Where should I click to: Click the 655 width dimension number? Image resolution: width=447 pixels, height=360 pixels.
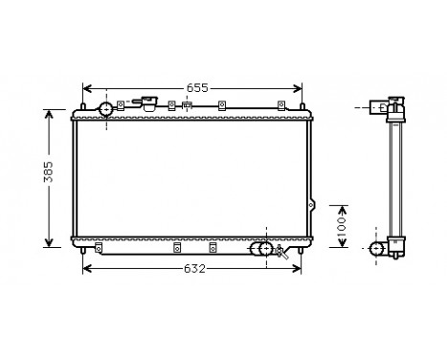point(196,87)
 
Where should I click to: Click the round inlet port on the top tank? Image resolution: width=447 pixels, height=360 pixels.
point(104,108)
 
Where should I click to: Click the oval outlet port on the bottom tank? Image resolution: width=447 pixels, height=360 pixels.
point(259,249)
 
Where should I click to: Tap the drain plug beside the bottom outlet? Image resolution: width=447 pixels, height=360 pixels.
point(280,253)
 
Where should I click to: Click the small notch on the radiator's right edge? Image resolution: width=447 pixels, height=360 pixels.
point(311,204)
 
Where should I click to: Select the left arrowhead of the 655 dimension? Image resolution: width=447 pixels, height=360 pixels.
point(87,88)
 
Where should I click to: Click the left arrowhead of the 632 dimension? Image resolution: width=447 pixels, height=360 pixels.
point(87,268)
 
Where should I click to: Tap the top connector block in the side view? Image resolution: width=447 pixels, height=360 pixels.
point(377,106)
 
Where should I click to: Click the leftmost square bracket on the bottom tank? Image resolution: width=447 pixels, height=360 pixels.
point(177,247)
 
